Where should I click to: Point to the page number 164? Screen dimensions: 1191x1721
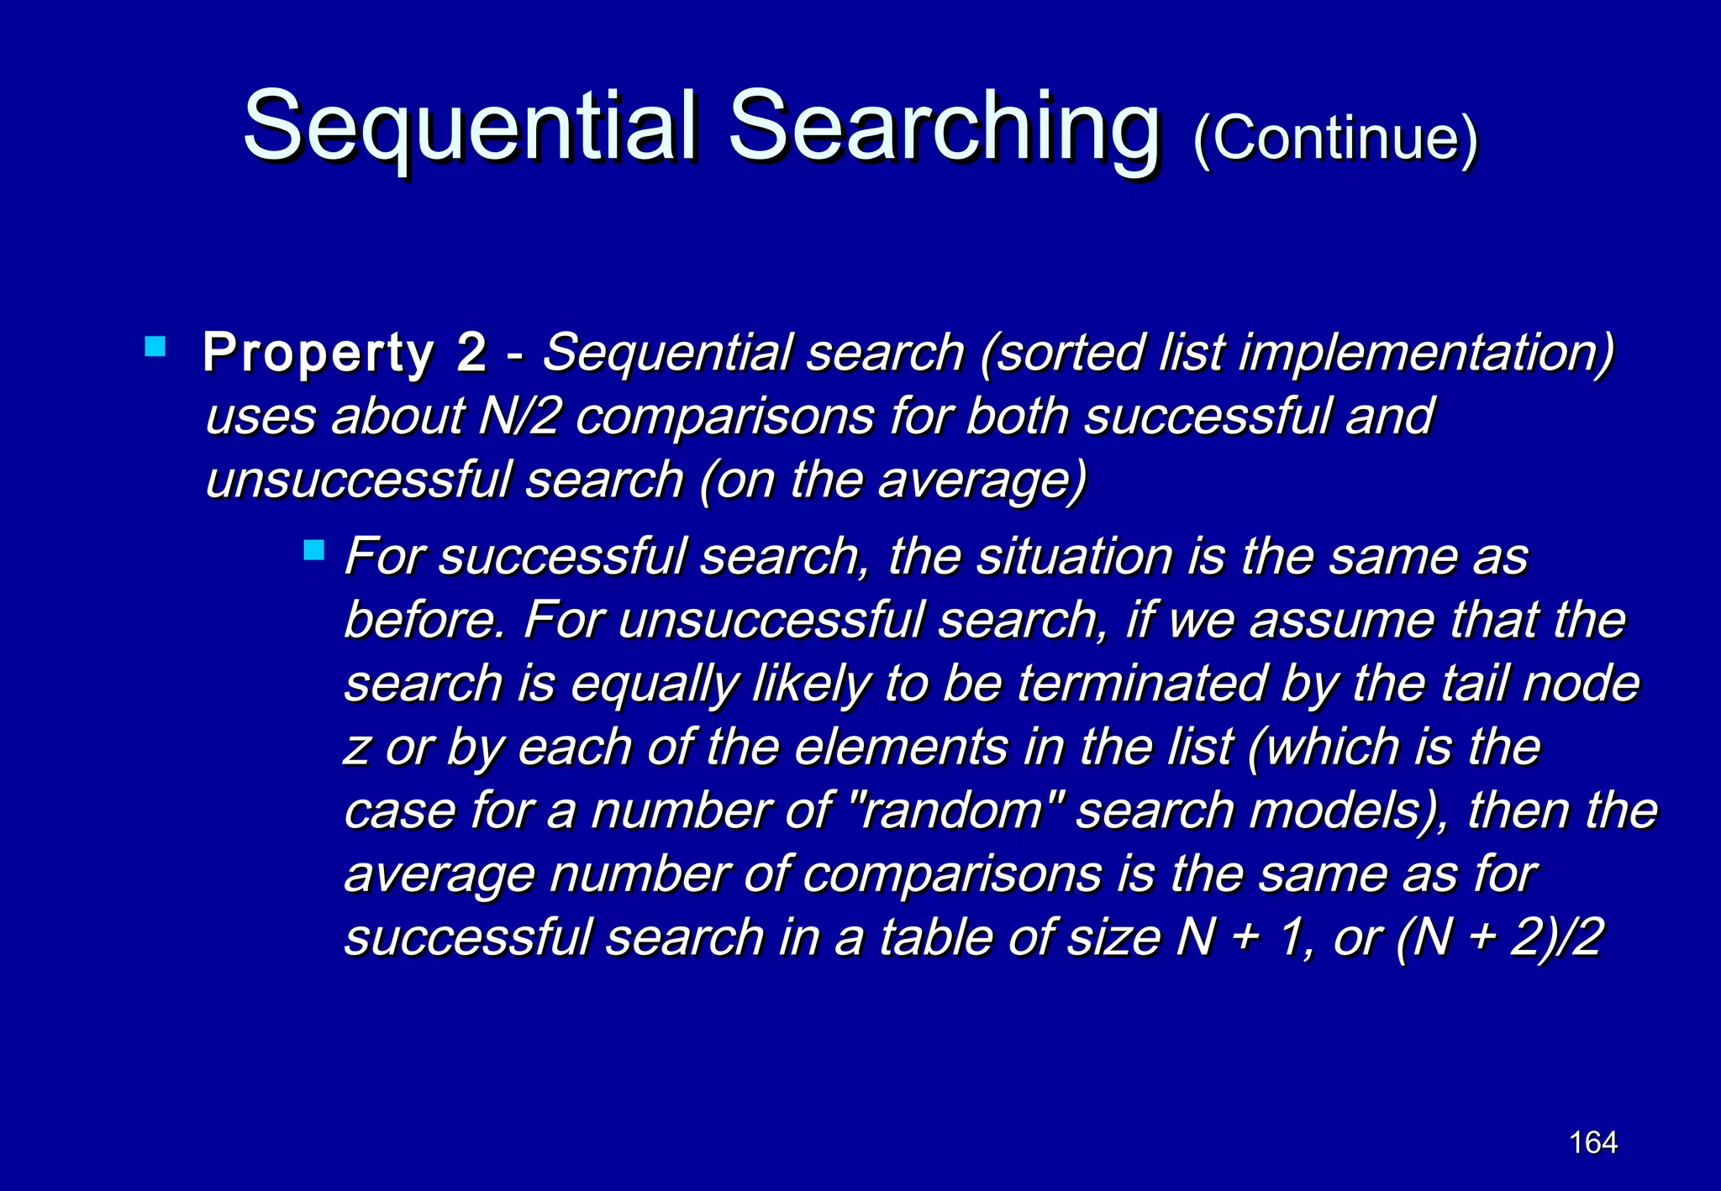click(x=1593, y=1142)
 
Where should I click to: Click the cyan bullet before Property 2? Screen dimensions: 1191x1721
click(x=155, y=346)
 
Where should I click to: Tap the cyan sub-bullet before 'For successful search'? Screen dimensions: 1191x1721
click(x=313, y=551)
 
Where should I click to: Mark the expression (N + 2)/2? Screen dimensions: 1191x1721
click(x=1499, y=938)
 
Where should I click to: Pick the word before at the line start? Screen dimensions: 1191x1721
click(x=425, y=621)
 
